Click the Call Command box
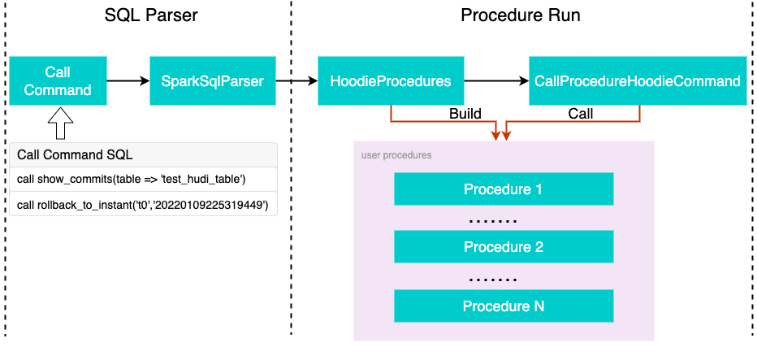pos(58,80)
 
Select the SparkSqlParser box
pos(213,80)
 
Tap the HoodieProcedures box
pos(390,80)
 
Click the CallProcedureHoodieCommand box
pos(638,80)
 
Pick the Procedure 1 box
pos(503,189)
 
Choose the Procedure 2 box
pos(503,247)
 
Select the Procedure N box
pos(503,306)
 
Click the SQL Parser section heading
pos(151,15)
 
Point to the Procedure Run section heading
pos(521,15)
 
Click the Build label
pos(465,114)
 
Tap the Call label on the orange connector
pos(580,114)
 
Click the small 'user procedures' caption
pos(396,154)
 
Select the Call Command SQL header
pos(75,154)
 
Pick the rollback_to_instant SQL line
pos(142,205)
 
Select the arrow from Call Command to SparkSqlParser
pos(128,80)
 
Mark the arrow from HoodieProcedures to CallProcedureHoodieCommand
pos(495,80)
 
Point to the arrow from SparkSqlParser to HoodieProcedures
pos(296,80)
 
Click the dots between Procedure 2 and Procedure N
pos(494,277)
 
